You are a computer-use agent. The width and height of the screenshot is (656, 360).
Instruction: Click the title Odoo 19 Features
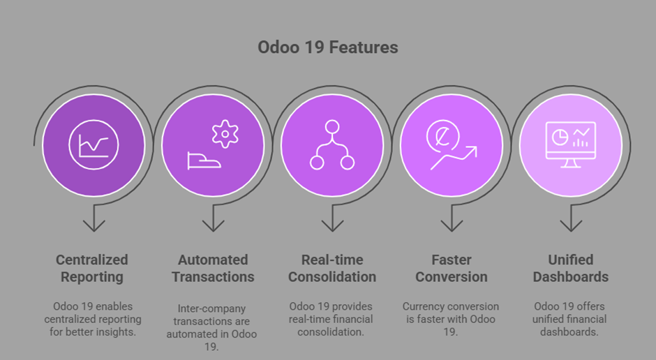[x=327, y=47]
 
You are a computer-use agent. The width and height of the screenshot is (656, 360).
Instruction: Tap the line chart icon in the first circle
[x=94, y=144]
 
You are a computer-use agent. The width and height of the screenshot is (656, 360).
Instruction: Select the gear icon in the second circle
[x=225, y=134]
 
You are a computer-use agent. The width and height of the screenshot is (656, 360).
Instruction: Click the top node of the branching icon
[x=332, y=127]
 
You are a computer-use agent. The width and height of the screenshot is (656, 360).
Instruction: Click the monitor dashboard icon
[x=571, y=144]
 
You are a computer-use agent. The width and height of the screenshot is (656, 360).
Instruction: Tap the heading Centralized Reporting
[x=92, y=268]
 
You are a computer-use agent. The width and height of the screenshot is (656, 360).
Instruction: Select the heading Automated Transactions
[x=213, y=268]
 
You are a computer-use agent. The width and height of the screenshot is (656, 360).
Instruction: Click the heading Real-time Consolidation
[x=332, y=268]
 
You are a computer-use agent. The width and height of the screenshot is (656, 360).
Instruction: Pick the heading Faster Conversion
[x=452, y=268]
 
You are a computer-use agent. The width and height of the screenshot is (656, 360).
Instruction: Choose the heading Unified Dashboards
[x=571, y=268]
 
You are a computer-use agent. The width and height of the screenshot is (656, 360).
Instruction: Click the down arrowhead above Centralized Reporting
[x=94, y=226]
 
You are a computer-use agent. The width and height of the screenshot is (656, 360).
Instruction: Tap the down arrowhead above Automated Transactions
[x=213, y=226]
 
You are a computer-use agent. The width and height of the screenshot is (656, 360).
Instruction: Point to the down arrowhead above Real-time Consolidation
[x=332, y=226]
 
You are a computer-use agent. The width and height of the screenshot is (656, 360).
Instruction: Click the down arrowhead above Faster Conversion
[x=452, y=226]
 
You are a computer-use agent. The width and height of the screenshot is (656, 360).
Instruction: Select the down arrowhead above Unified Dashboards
[x=571, y=226]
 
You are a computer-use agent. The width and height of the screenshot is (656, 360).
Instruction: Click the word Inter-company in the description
[x=211, y=309]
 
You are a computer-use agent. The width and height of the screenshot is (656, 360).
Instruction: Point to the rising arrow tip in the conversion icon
[x=476, y=147]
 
